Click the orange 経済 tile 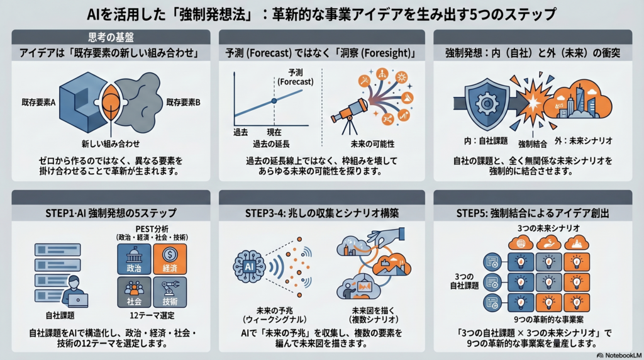click(169, 259)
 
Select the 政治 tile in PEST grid click(133, 259)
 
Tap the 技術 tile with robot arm click(169, 293)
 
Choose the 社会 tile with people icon click(133, 293)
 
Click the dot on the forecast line click(274, 101)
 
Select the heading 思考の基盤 click(110, 37)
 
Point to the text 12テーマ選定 click(151, 315)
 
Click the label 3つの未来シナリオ click(539, 227)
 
